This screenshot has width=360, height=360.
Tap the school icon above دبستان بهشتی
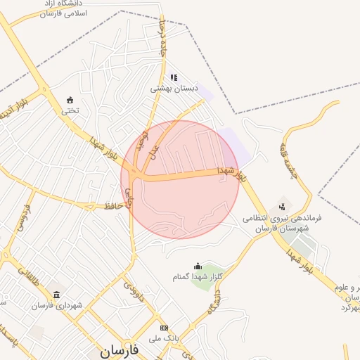[x=174, y=78]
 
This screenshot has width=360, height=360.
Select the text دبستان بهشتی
[x=174, y=90]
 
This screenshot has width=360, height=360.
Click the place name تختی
[x=70, y=110]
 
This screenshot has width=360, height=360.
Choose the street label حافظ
[x=115, y=205]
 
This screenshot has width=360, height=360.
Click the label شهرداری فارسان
[x=56, y=305]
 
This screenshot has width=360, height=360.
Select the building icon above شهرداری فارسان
[x=56, y=294]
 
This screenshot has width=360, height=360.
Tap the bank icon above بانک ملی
[x=164, y=328]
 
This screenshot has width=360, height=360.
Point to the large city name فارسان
[x=119, y=349]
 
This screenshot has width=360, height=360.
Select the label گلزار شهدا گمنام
[x=198, y=277]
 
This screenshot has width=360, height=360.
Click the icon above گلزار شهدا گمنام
[x=198, y=266]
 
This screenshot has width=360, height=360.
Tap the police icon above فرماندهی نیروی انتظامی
[x=282, y=207]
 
